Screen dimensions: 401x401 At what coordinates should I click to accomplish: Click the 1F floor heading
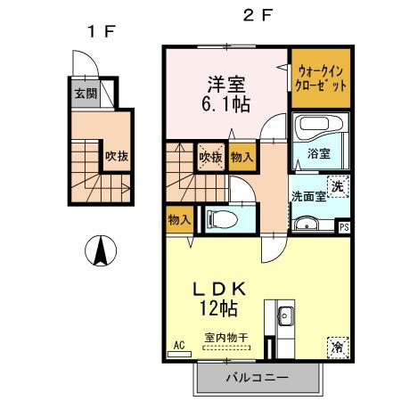[x=100, y=31]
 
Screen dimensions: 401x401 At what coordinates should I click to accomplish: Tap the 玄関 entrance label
[x=86, y=94]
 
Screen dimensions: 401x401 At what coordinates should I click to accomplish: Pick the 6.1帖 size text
[x=225, y=104]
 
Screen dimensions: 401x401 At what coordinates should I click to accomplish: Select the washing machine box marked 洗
[x=338, y=186]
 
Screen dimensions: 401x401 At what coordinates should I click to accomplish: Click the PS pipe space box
[x=344, y=227]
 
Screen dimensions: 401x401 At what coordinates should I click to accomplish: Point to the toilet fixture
[x=220, y=217]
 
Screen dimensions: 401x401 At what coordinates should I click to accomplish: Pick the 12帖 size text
[x=218, y=310]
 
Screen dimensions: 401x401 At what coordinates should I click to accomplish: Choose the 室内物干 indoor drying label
[x=225, y=336]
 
